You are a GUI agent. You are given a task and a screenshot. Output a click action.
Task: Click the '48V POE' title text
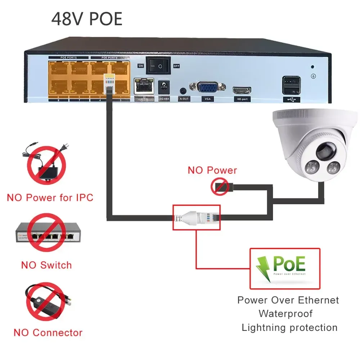[x=87, y=19]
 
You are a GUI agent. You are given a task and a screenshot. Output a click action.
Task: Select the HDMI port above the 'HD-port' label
[x=242, y=90]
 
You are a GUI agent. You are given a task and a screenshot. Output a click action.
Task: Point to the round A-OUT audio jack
[x=184, y=91]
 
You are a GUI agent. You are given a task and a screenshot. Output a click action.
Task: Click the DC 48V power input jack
[x=164, y=86]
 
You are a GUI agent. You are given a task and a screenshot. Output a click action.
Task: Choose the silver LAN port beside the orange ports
[x=144, y=87]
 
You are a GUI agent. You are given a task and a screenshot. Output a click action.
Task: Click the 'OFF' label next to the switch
[x=176, y=66]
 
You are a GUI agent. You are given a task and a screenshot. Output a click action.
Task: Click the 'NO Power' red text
[x=212, y=170]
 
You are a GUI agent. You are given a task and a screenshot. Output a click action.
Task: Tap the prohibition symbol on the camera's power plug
[x=220, y=188]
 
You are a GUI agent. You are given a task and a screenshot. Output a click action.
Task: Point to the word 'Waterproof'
[x=285, y=314]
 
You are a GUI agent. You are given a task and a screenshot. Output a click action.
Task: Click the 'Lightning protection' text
[x=289, y=328]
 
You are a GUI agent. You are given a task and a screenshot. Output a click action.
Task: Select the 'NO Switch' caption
[x=46, y=265]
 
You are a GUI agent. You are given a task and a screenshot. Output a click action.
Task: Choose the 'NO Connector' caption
[x=48, y=333]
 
